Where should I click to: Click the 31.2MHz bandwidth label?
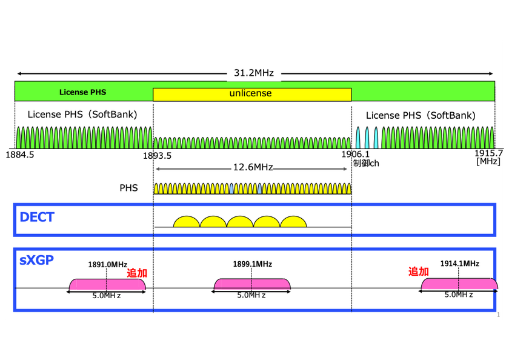pos(254,73)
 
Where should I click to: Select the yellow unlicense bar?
pos(252,95)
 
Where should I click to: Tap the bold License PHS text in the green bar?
pos(83,92)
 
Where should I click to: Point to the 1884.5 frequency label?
pos(20,155)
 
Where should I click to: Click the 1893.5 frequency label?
pos(157,156)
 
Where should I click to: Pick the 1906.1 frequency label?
pos(356,154)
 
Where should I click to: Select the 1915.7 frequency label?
pos(489,153)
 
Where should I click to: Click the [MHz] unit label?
pos(488,161)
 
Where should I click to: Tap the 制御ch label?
pos(366,163)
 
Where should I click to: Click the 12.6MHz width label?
pos(253,167)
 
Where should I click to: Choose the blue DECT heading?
pos(37,217)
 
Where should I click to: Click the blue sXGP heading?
pos(37,260)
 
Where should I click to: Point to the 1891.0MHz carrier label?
pos(107,265)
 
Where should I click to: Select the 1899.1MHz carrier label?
pos(252,264)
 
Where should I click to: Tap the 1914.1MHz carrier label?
pos(460,263)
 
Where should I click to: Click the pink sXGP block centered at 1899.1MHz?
pos(252,284)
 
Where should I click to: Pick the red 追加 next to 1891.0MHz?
pos(137,273)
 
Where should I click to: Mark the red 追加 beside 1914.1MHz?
pos(419,272)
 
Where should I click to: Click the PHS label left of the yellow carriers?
pos(128,188)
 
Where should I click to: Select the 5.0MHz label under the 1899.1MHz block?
pos(251,295)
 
